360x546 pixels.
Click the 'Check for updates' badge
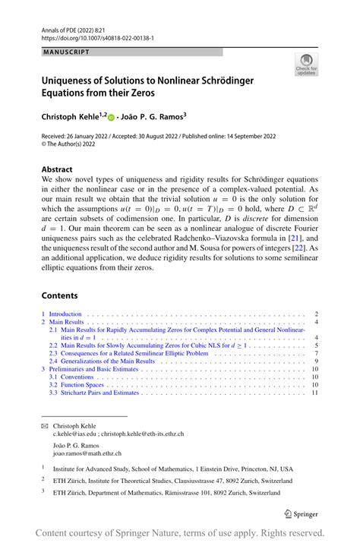(x=307, y=65)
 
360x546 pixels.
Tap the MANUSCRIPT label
(x=65, y=52)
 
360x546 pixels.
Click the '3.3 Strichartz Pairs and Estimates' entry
(x=94, y=393)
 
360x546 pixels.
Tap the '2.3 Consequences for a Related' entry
(x=128, y=353)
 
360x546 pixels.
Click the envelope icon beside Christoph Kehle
(x=44, y=425)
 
